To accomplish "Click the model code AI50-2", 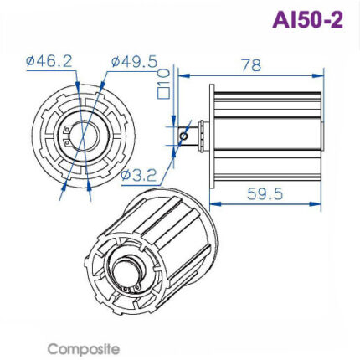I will click(x=307, y=20).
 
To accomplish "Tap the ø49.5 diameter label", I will click(x=134, y=60).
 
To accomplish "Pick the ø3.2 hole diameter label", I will click(x=139, y=175).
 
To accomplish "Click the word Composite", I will click(x=83, y=348).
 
